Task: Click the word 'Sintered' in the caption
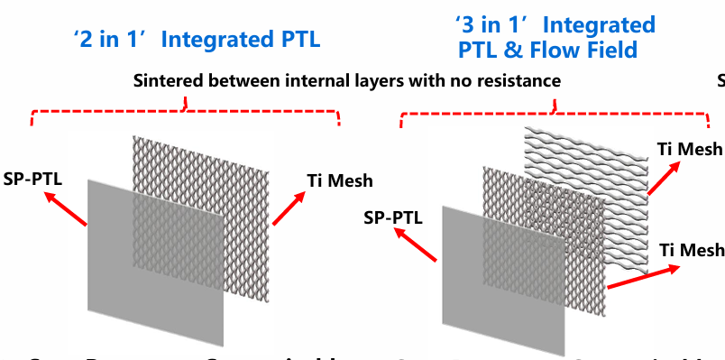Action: click(x=170, y=81)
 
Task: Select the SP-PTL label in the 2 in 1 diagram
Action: click(x=32, y=178)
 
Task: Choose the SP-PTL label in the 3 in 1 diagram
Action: click(x=393, y=217)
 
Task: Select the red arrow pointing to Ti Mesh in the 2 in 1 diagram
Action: click(x=289, y=207)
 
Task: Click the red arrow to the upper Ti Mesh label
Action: click(x=665, y=179)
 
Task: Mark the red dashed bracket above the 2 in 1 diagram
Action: click(x=186, y=114)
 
